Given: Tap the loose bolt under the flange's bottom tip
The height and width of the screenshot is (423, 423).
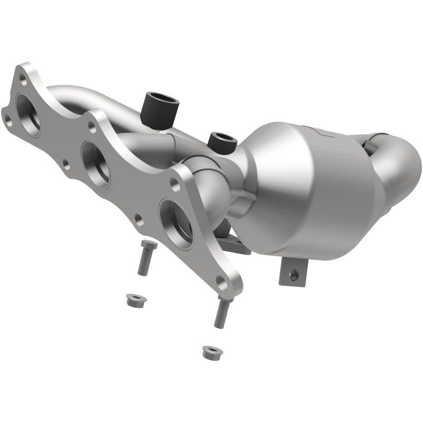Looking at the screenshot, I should pos(222,312).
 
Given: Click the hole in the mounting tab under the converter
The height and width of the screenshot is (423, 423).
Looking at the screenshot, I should pos(291,274).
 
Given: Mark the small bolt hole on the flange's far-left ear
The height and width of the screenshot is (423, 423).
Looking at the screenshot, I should pos(7,120).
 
